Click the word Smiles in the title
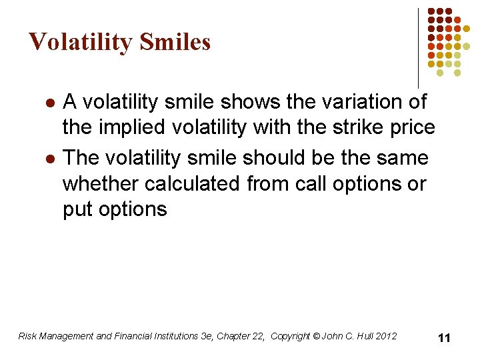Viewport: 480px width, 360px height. (x=175, y=43)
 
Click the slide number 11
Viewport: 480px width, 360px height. (x=444, y=338)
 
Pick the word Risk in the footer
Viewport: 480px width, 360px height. (x=28, y=336)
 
